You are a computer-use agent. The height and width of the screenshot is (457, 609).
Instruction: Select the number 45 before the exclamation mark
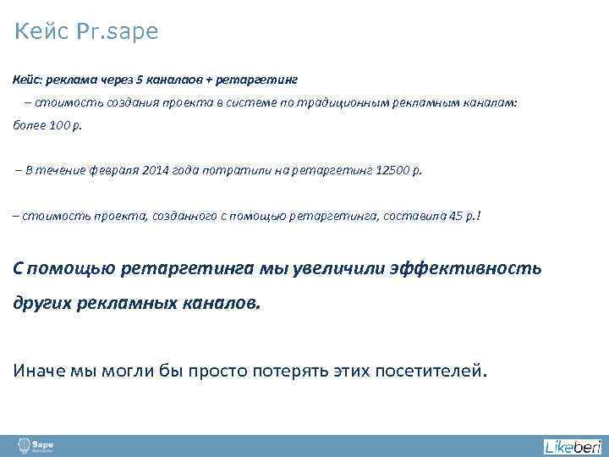pos(458,216)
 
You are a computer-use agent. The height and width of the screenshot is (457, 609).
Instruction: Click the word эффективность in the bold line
pos(466,268)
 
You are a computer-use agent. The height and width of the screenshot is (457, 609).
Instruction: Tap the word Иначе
pos(38,370)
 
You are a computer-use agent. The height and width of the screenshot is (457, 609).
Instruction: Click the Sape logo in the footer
pos(37,445)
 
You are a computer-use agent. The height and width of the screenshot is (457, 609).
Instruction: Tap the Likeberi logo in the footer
pos(572,446)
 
